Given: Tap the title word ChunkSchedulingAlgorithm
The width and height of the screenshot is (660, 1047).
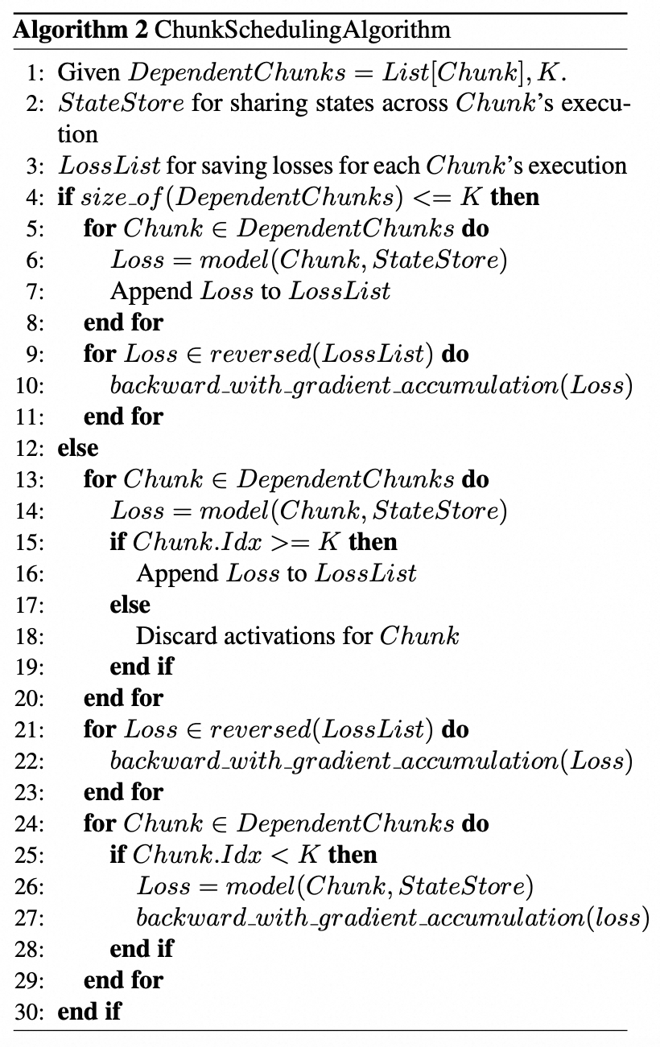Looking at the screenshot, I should (x=302, y=30).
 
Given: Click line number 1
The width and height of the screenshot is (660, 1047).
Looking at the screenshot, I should (x=34, y=72).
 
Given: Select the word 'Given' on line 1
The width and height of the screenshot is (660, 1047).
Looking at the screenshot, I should (x=90, y=72).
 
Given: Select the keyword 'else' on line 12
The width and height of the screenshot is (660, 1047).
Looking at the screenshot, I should (x=77, y=448).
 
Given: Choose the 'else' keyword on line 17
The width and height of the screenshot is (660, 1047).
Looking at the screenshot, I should (x=130, y=604).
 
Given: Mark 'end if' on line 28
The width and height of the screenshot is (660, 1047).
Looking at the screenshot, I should (x=141, y=949).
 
